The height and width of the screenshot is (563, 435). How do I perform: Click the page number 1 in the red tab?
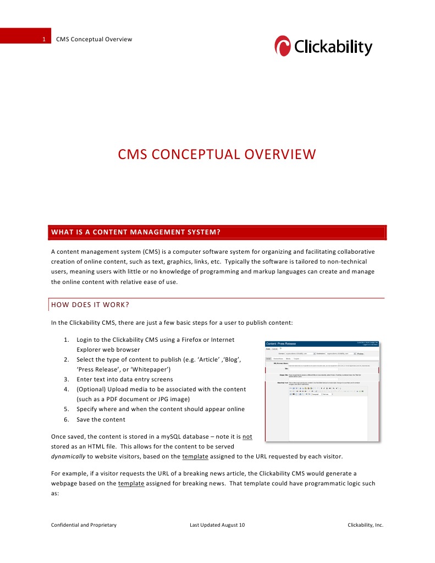click(x=43, y=39)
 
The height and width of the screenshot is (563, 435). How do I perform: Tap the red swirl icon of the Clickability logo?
click(x=283, y=46)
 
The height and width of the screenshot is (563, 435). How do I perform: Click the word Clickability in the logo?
click(x=333, y=47)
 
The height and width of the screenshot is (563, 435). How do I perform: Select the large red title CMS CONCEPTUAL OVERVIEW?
click(x=217, y=154)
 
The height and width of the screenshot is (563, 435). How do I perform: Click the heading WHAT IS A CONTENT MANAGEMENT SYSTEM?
click(x=136, y=232)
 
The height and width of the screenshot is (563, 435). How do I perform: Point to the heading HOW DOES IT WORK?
click(x=90, y=304)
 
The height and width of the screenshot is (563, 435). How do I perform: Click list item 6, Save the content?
click(x=101, y=419)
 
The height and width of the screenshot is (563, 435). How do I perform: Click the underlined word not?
click(x=247, y=436)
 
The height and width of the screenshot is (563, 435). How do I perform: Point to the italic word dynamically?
click(x=69, y=456)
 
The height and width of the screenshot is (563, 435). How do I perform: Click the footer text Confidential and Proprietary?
click(x=84, y=525)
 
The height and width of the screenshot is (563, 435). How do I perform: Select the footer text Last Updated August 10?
click(x=217, y=525)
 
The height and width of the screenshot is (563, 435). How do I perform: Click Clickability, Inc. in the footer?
click(x=365, y=525)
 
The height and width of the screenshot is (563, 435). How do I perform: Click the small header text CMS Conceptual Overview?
click(x=94, y=39)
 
